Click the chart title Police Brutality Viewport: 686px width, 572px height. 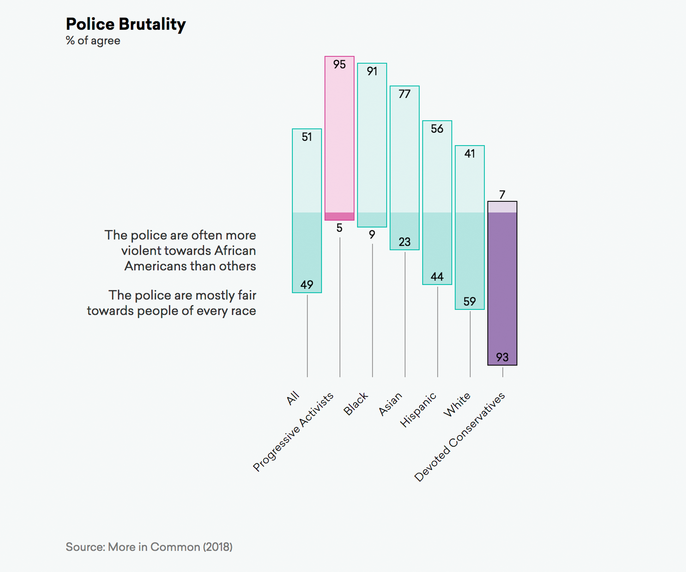click(126, 25)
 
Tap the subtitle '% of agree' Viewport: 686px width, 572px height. click(93, 41)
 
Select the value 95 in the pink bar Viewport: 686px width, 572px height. click(339, 64)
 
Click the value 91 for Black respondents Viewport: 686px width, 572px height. click(372, 71)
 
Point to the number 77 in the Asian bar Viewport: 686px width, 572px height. click(404, 94)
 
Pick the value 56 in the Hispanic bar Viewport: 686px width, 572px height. click(437, 129)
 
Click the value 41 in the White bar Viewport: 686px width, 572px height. click(470, 154)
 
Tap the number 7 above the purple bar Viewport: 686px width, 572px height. click(502, 195)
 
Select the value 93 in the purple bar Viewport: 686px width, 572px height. click(502, 357)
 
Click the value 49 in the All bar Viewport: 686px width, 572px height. click(307, 285)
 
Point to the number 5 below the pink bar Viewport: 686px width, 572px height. click(339, 228)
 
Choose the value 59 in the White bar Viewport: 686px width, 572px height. click(470, 301)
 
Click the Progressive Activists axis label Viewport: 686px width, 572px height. click(293, 432)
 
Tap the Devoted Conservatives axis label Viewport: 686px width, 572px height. click(460, 437)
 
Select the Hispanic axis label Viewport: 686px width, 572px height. click(418, 410)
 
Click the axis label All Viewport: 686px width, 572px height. click(293, 398)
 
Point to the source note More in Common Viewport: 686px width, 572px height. click(149, 547)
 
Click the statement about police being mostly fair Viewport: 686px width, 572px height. click(171, 303)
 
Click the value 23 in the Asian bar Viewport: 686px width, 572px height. click(404, 242)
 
